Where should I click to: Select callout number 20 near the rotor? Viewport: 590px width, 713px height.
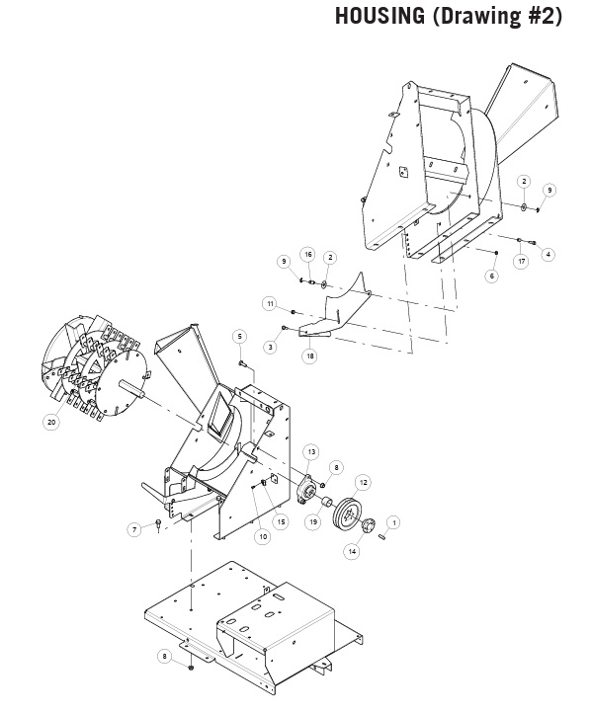51,422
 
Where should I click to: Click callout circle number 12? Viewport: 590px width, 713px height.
363,482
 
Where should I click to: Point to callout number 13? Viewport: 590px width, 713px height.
311,451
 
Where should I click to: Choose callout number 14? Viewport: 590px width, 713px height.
352,551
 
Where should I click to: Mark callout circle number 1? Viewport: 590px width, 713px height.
394,523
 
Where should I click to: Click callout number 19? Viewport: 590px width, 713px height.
313,521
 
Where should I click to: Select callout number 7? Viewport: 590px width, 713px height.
134,529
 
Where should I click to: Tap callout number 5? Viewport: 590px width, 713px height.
239,337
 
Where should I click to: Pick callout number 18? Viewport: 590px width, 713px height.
309,356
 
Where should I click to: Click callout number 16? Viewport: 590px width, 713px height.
308,254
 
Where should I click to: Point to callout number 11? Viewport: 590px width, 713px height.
271,303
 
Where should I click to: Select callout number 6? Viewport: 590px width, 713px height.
492,276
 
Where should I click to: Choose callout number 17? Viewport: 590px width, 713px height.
521,261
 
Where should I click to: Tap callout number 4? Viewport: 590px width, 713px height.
548,254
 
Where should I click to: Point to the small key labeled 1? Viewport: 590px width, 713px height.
382,536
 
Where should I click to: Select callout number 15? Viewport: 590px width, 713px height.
281,521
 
